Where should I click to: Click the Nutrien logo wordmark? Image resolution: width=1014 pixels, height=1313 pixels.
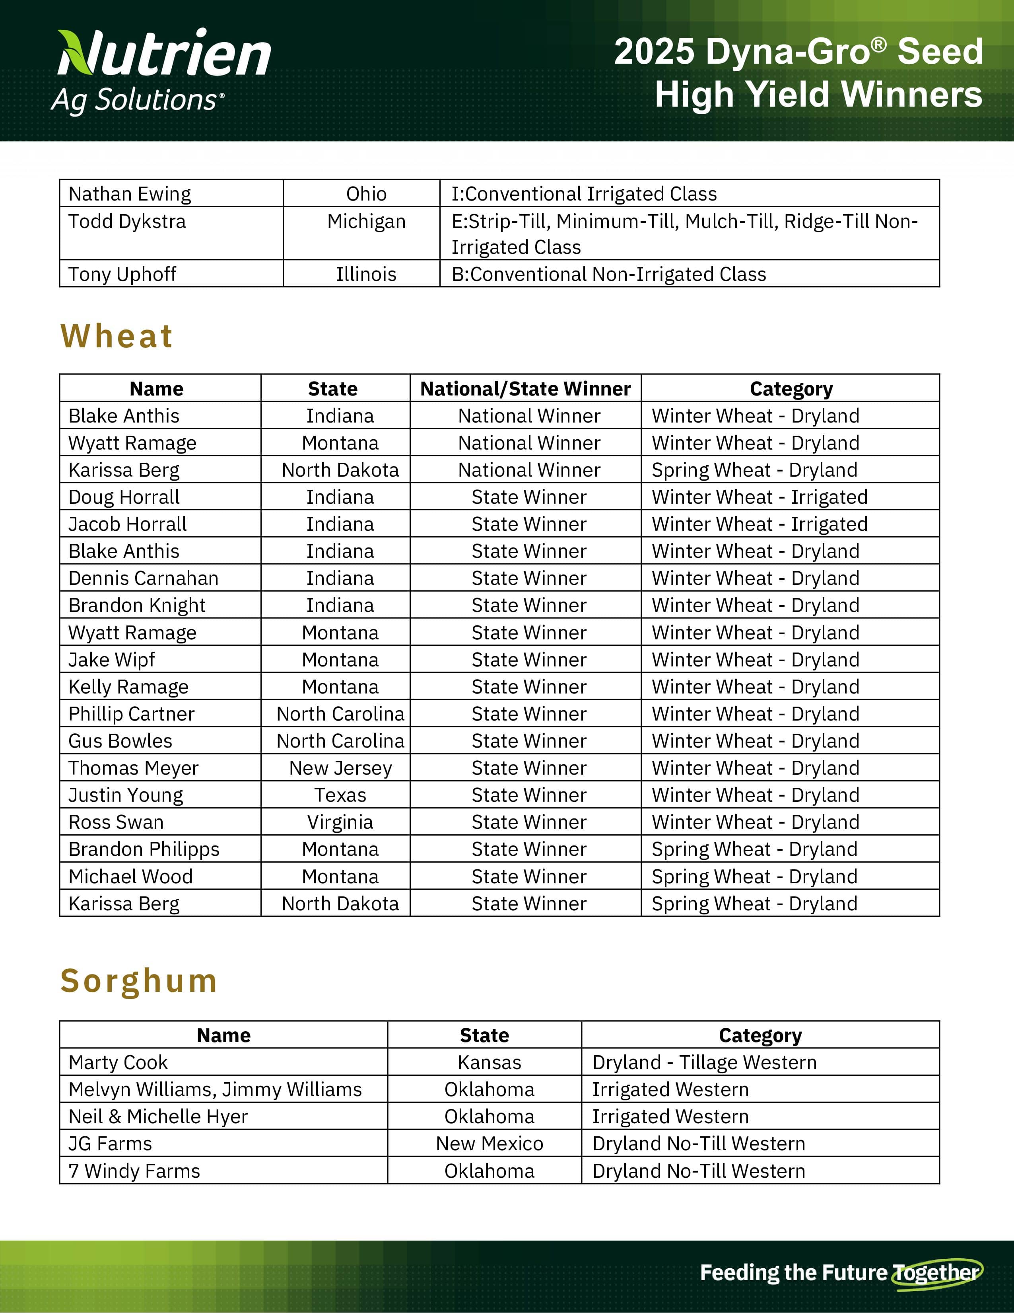point(163,54)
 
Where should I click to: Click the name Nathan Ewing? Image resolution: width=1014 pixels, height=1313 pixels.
point(130,194)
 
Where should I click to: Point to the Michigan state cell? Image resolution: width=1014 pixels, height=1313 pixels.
point(367,221)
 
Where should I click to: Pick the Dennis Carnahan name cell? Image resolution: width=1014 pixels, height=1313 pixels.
point(143,578)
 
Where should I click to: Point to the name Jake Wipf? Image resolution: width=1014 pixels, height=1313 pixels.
point(112,660)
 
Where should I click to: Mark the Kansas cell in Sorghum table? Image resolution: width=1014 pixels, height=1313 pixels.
point(489,1062)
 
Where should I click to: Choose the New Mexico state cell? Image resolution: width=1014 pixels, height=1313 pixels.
point(489,1144)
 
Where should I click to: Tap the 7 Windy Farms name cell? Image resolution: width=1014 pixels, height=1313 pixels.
point(134,1171)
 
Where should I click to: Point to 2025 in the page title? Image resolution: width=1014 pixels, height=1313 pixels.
point(654,52)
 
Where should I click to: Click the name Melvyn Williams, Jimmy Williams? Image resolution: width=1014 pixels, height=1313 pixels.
point(215,1089)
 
